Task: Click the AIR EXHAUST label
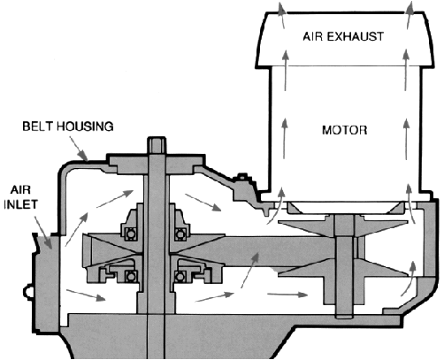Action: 343,36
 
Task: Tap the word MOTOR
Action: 345,130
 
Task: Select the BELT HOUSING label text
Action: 68,126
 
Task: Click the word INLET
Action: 20,204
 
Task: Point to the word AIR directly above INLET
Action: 20,189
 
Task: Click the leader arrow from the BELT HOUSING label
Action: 79,149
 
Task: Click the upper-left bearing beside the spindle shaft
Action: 130,234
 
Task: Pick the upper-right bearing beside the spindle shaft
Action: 180,234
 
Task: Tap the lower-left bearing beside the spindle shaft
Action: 131,277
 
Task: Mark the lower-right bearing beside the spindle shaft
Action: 180,277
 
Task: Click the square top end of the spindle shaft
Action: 157,144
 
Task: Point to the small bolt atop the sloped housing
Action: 242,177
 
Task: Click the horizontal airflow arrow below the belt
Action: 287,295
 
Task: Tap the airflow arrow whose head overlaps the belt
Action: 249,271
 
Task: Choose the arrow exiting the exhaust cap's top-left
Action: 283,15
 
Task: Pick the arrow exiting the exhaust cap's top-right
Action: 409,15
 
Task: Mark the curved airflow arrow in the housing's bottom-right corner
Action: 409,279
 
